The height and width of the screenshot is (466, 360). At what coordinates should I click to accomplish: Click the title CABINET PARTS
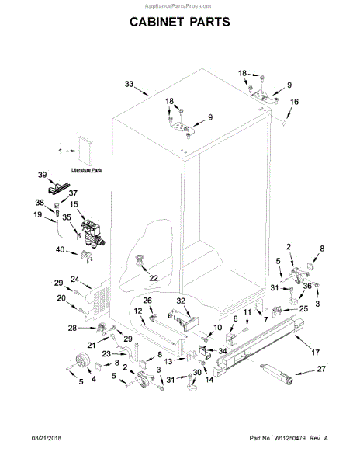(179, 22)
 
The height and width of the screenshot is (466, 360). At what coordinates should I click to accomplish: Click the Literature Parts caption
(88, 169)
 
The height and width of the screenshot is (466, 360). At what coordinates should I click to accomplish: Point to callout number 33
(129, 84)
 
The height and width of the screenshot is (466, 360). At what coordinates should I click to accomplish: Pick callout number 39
(43, 176)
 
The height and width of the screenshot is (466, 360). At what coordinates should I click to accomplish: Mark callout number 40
(61, 249)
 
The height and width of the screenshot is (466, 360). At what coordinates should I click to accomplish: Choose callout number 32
(180, 301)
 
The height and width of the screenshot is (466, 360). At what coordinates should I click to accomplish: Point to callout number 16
(294, 102)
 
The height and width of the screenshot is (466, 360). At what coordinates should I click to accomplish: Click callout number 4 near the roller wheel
(94, 380)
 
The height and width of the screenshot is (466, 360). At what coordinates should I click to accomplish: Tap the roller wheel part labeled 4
(79, 360)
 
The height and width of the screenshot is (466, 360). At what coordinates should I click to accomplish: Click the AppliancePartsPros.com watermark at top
(179, 4)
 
